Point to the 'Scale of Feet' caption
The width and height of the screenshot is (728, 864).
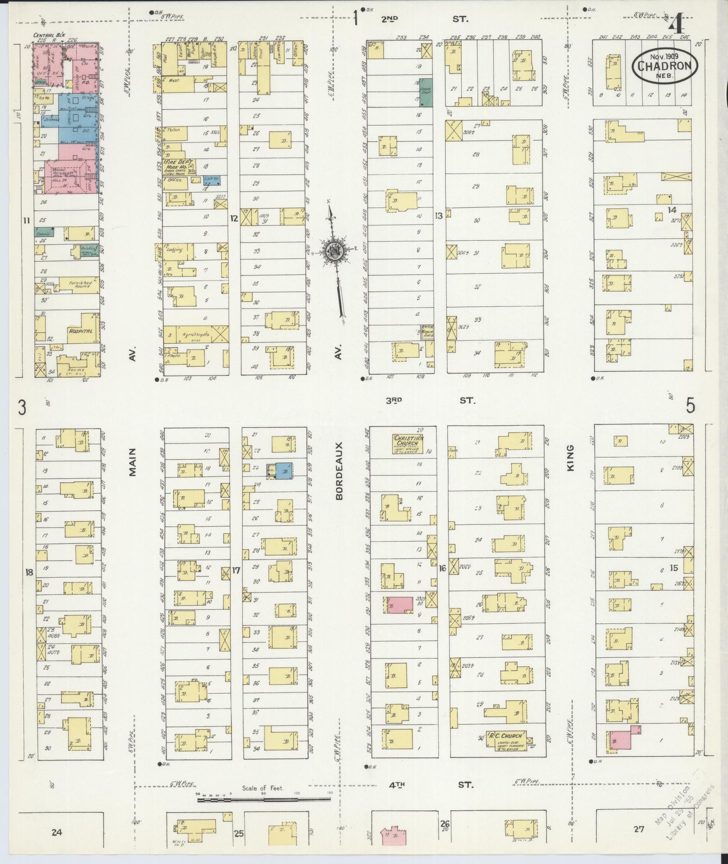coord(263,472)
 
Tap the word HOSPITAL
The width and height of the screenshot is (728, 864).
coord(80,331)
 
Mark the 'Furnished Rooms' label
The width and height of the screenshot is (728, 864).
coord(80,284)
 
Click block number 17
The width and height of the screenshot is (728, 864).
coord(236,570)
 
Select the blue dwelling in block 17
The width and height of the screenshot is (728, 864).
coord(283,471)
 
